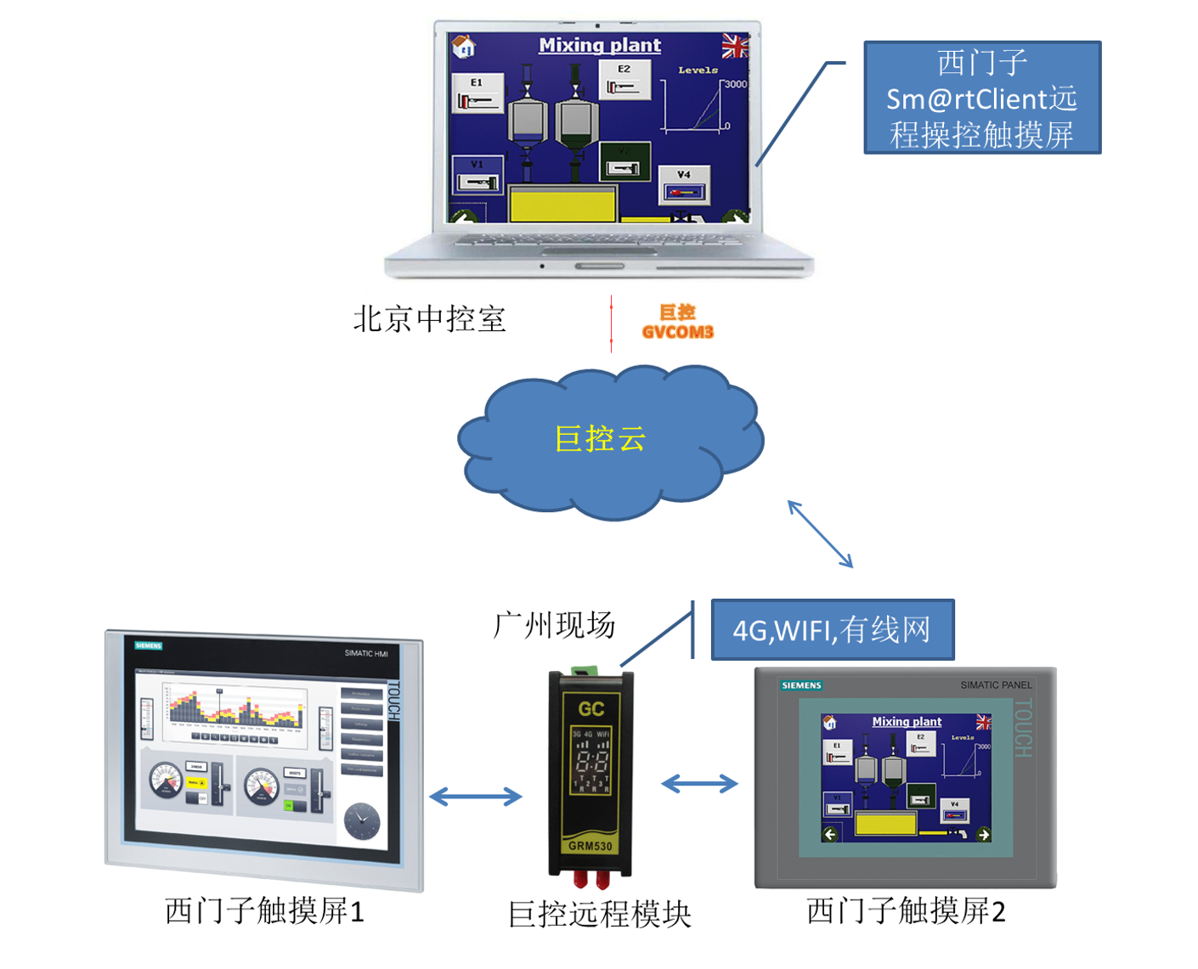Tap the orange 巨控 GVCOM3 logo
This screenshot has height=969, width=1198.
(x=677, y=323)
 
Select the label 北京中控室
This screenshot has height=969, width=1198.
(x=429, y=319)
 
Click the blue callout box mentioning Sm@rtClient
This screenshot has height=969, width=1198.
(x=982, y=98)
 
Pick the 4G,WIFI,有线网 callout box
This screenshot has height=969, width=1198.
(x=832, y=630)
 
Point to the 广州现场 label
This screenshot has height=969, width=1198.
(x=554, y=625)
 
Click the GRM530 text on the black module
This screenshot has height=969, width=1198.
(x=591, y=846)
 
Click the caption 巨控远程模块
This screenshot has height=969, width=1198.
(x=599, y=915)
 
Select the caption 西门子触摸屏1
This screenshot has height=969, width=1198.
(x=264, y=911)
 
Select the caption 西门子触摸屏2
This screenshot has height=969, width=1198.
(x=906, y=911)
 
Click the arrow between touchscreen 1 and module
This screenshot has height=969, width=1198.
(x=476, y=797)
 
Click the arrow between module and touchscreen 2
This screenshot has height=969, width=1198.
(x=699, y=784)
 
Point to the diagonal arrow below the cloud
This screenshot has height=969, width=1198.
(x=820, y=534)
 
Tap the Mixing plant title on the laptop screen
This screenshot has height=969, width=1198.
(x=600, y=46)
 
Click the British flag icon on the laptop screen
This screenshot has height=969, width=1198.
(x=734, y=46)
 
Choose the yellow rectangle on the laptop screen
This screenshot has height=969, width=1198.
(x=562, y=205)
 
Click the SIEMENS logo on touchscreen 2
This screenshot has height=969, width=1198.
(x=801, y=685)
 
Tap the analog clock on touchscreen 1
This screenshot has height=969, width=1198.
(x=362, y=820)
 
